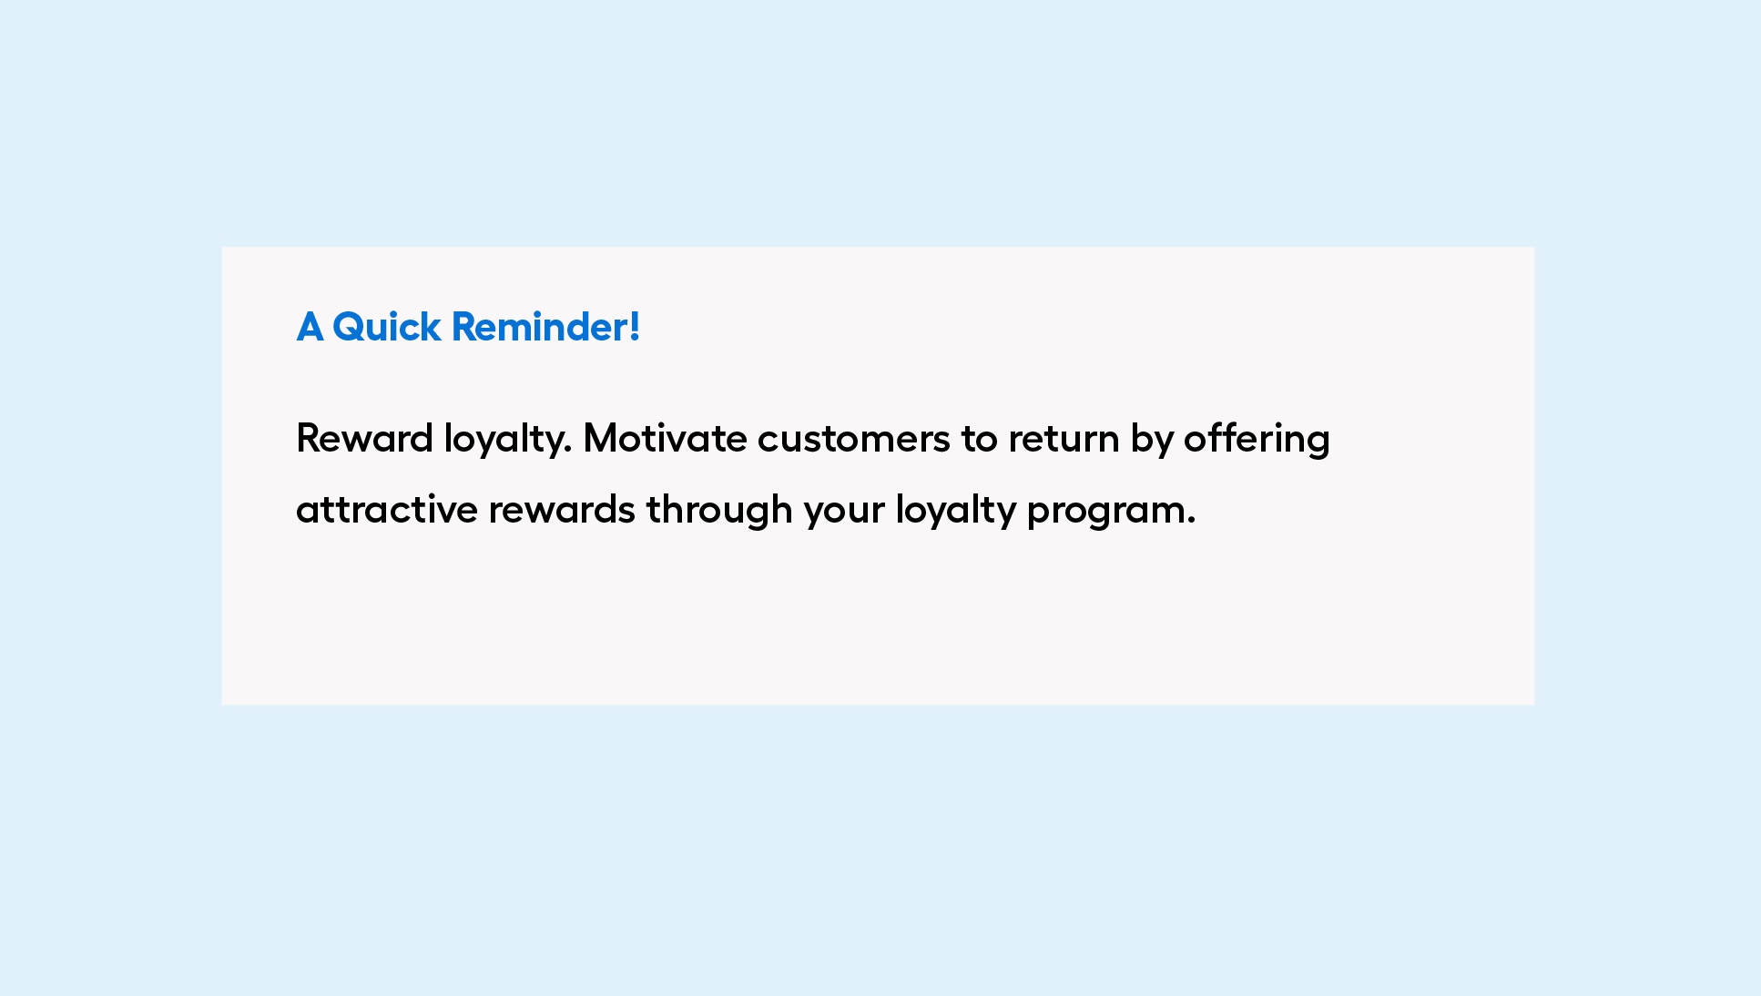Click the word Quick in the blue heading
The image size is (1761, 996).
click(x=386, y=328)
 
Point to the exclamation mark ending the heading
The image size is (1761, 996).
click(x=635, y=327)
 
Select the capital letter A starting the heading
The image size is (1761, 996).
click(x=310, y=328)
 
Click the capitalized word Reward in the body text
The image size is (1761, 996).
click(x=365, y=438)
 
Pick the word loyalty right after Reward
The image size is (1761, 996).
click(x=503, y=441)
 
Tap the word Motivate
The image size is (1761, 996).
click(x=666, y=438)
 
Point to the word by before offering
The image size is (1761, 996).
click(x=1152, y=441)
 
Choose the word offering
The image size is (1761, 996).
click(x=1257, y=441)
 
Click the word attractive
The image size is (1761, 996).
click(x=387, y=509)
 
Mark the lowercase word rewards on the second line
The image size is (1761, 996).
click(x=562, y=509)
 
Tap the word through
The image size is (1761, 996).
click(x=719, y=512)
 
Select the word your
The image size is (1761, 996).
click(x=844, y=513)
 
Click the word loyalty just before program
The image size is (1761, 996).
click(x=955, y=512)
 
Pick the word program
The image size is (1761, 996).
click(x=1105, y=513)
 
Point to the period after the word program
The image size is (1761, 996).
click(x=1191, y=523)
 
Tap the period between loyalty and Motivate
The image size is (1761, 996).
click(x=568, y=452)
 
